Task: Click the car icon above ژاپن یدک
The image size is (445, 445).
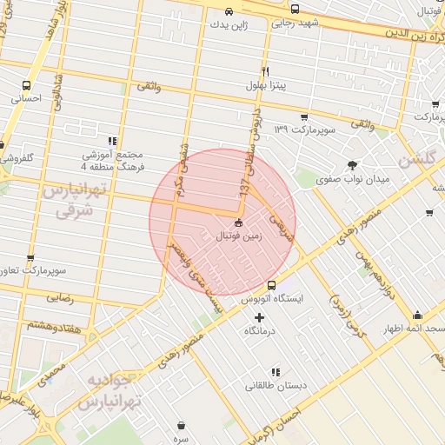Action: (x=228, y=12)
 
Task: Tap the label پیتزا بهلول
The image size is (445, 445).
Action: (x=265, y=87)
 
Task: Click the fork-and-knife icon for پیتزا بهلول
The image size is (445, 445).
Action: (x=265, y=72)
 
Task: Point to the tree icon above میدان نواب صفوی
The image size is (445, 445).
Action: (x=351, y=164)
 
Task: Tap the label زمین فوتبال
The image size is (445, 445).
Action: (x=238, y=236)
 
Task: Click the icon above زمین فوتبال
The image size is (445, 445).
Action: (x=239, y=222)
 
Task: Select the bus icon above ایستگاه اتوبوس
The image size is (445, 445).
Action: (x=271, y=284)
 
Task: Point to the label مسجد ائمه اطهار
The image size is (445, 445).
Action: (x=417, y=330)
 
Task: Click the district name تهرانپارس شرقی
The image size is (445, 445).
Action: (x=68, y=200)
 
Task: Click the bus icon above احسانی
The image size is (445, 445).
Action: (x=27, y=85)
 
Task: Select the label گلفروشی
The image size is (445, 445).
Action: (x=17, y=159)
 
